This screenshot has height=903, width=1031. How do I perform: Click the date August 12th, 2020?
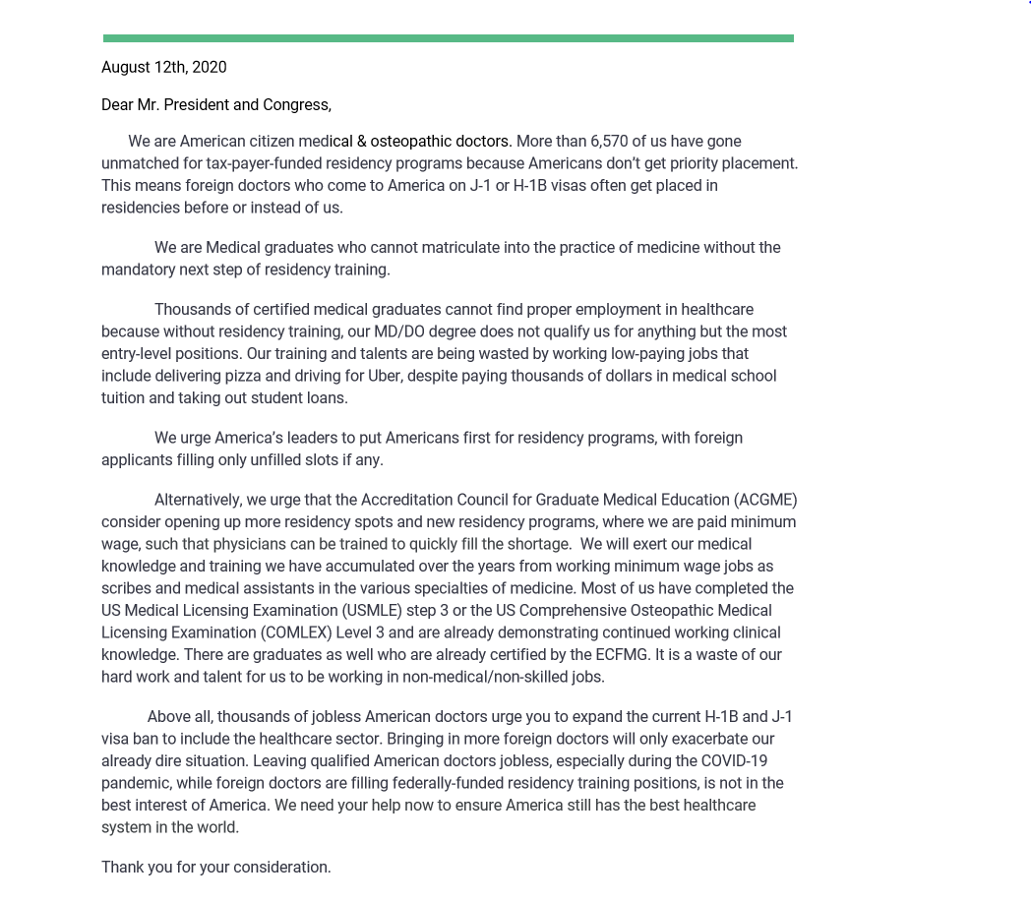[164, 67]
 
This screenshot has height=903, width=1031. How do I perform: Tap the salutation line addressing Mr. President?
[216, 104]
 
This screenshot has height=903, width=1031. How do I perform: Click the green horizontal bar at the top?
[448, 38]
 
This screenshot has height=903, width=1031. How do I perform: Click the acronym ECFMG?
[622, 654]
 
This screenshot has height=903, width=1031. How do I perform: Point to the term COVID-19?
[734, 760]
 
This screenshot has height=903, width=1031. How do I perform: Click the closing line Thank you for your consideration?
[216, 867]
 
